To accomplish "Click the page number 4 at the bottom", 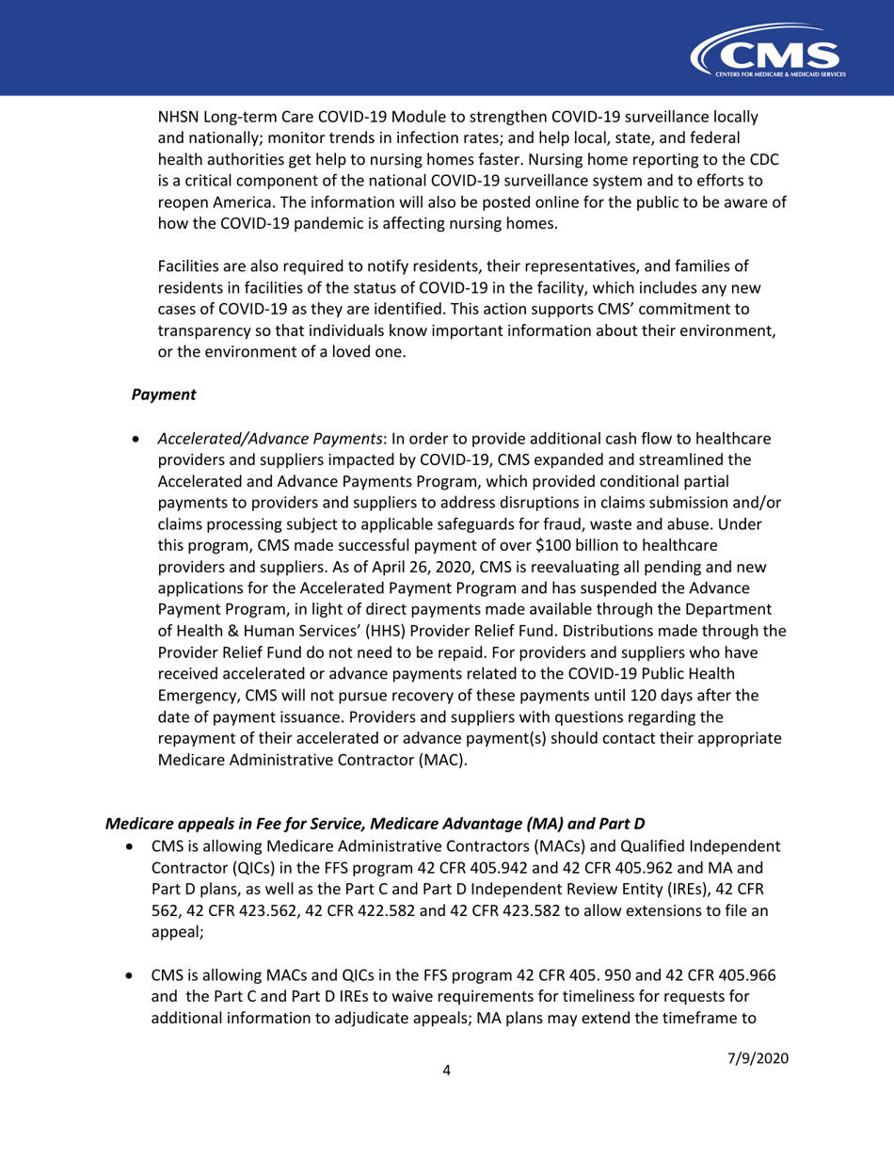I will [447, 1126].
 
